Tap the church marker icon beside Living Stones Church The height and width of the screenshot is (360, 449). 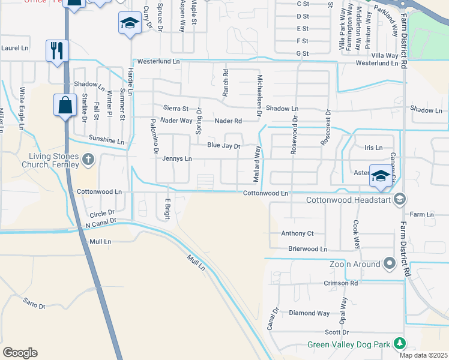coord(89,159)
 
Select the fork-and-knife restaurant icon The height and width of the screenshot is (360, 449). coord(56,50)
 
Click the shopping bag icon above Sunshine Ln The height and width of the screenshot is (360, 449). coord(65,106)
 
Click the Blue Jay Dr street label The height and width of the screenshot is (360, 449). coord(223,146)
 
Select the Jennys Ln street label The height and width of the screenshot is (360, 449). coord(177,158)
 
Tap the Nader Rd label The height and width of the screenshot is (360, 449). coord(229,121)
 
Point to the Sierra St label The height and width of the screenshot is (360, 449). coord(176,109)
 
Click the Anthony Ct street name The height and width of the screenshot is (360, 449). coord(297,233)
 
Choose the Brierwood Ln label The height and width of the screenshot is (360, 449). coord(307,248)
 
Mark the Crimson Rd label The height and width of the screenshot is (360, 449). coord(340,283)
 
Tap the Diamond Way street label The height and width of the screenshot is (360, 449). coord(309,313)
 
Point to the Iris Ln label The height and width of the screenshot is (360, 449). coord(373,147)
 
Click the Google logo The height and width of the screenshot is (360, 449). coord(20,353)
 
